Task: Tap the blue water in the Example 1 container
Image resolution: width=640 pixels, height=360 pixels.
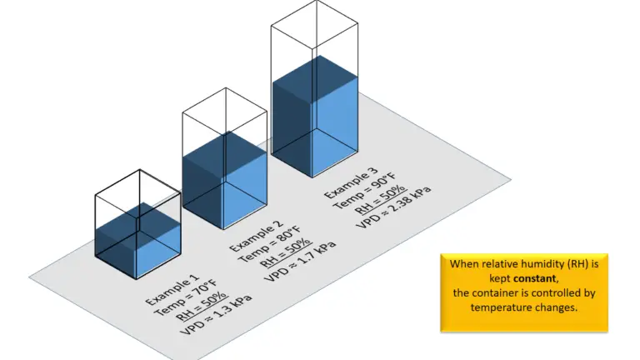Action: pyautogui.click(x=137, y=242)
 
